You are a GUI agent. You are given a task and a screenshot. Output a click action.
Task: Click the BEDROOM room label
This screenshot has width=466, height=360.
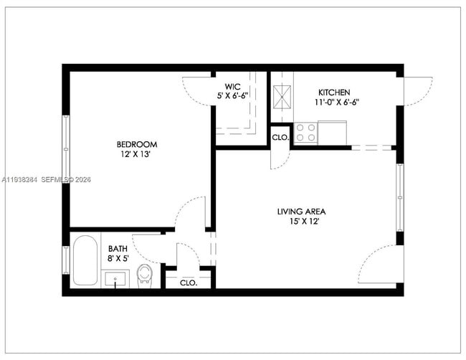coord(138,143)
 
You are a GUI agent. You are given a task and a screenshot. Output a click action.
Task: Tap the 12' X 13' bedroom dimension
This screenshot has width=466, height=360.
coord(138,154)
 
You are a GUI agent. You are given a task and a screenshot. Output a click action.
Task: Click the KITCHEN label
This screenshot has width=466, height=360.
coord(334,93)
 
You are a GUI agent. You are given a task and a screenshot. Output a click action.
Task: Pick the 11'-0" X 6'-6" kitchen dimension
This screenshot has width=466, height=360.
coord(337,103)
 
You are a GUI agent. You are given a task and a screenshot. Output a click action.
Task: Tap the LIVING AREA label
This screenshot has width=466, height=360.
coord(301,212)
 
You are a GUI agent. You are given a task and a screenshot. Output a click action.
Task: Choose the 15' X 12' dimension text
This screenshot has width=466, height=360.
coord(301,222)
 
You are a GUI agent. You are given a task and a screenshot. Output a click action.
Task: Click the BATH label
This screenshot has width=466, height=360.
coord(118,249)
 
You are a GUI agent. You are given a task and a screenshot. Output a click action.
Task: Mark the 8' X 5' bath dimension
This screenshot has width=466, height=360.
coord(118,259)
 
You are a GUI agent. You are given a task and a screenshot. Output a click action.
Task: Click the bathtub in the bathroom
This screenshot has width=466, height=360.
coord(85,261)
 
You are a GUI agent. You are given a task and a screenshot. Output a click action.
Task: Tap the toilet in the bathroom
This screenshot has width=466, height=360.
coord(146,274)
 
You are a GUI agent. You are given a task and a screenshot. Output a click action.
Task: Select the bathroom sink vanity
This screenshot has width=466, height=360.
coord(115,278)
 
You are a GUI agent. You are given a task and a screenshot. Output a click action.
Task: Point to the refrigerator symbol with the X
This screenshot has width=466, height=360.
coord(282,95)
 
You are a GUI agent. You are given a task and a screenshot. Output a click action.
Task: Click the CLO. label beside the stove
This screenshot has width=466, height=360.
coord(280,136)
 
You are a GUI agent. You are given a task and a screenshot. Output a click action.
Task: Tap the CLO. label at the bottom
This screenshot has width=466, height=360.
coord(189,283)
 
